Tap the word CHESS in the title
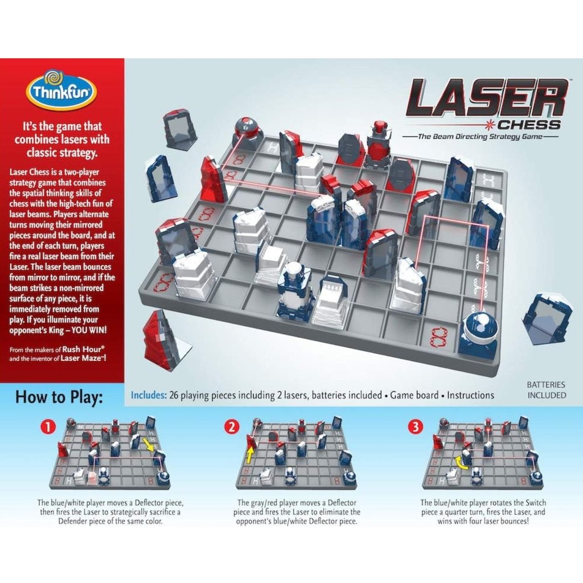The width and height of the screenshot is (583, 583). (529, 125)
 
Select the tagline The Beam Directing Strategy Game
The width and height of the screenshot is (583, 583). (481, 137)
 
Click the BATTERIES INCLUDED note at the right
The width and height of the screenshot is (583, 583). (546, 390)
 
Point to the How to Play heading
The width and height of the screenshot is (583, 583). (59, 396)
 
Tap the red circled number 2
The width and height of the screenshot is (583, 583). (232, 427)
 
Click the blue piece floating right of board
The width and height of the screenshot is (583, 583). (547, 318)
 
